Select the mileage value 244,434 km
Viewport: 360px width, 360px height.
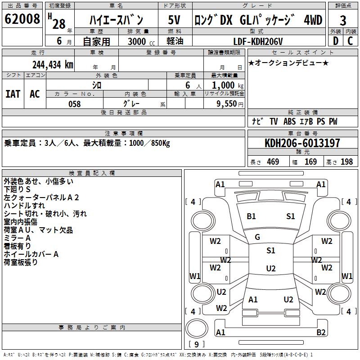point(53,64)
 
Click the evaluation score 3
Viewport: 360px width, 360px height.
point(343,20)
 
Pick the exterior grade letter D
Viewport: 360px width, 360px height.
point(335,41)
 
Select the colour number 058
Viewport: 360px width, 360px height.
point(74,103)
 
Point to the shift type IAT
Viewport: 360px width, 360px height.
point(13,94)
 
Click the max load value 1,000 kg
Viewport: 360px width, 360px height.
point(225,85)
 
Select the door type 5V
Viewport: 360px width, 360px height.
point(174,20)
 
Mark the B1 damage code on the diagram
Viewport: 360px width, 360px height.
point(251,216)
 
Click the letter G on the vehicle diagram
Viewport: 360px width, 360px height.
point(257,237)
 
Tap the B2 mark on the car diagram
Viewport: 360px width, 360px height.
point(321,333)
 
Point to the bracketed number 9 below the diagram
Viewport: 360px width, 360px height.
point(196,345)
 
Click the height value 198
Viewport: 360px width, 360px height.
point(346,162)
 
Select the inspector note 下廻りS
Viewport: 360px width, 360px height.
point(17,189)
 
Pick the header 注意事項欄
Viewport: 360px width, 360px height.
point(124,134)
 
